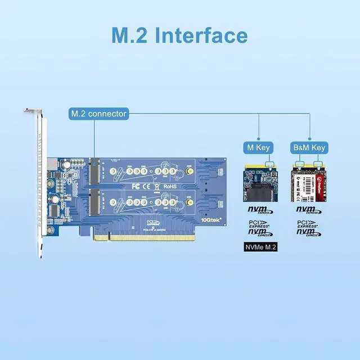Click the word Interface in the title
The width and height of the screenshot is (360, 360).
[201, 35]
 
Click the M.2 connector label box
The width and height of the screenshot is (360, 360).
[98, 114]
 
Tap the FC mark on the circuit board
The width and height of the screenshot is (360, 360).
[136, 185]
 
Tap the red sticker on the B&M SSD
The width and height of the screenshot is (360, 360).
[318, 183]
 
